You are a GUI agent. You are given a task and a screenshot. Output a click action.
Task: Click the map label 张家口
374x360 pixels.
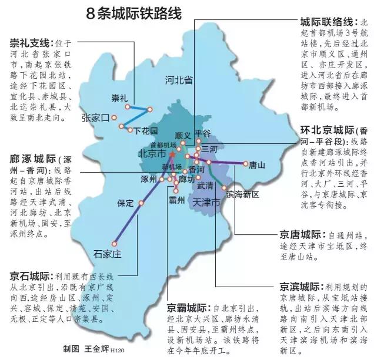click(x=96, y=117)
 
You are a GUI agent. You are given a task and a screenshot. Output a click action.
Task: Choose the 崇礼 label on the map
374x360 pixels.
click(x=119, y=97)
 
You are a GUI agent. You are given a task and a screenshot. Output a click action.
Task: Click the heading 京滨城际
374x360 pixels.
click(x=299, y=287)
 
